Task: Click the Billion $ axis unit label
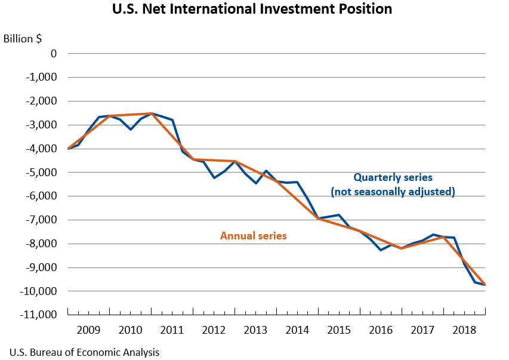coord(23,39)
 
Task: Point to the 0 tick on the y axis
coord(54,54)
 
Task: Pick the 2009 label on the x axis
coord(89,330)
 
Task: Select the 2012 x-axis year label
coord(214,330)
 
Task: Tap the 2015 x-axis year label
coord(339,330)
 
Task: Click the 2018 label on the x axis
coord(464,330)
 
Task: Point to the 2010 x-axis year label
coord(131,330)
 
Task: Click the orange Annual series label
coord(254,236)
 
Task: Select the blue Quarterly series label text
coord(393,177)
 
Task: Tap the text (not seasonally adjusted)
coord(393,192)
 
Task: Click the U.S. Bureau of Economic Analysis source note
coord(84,352)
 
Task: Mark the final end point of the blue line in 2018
coord(485,285)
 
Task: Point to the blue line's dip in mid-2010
coord(131,129)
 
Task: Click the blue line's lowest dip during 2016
coord(381,250)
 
